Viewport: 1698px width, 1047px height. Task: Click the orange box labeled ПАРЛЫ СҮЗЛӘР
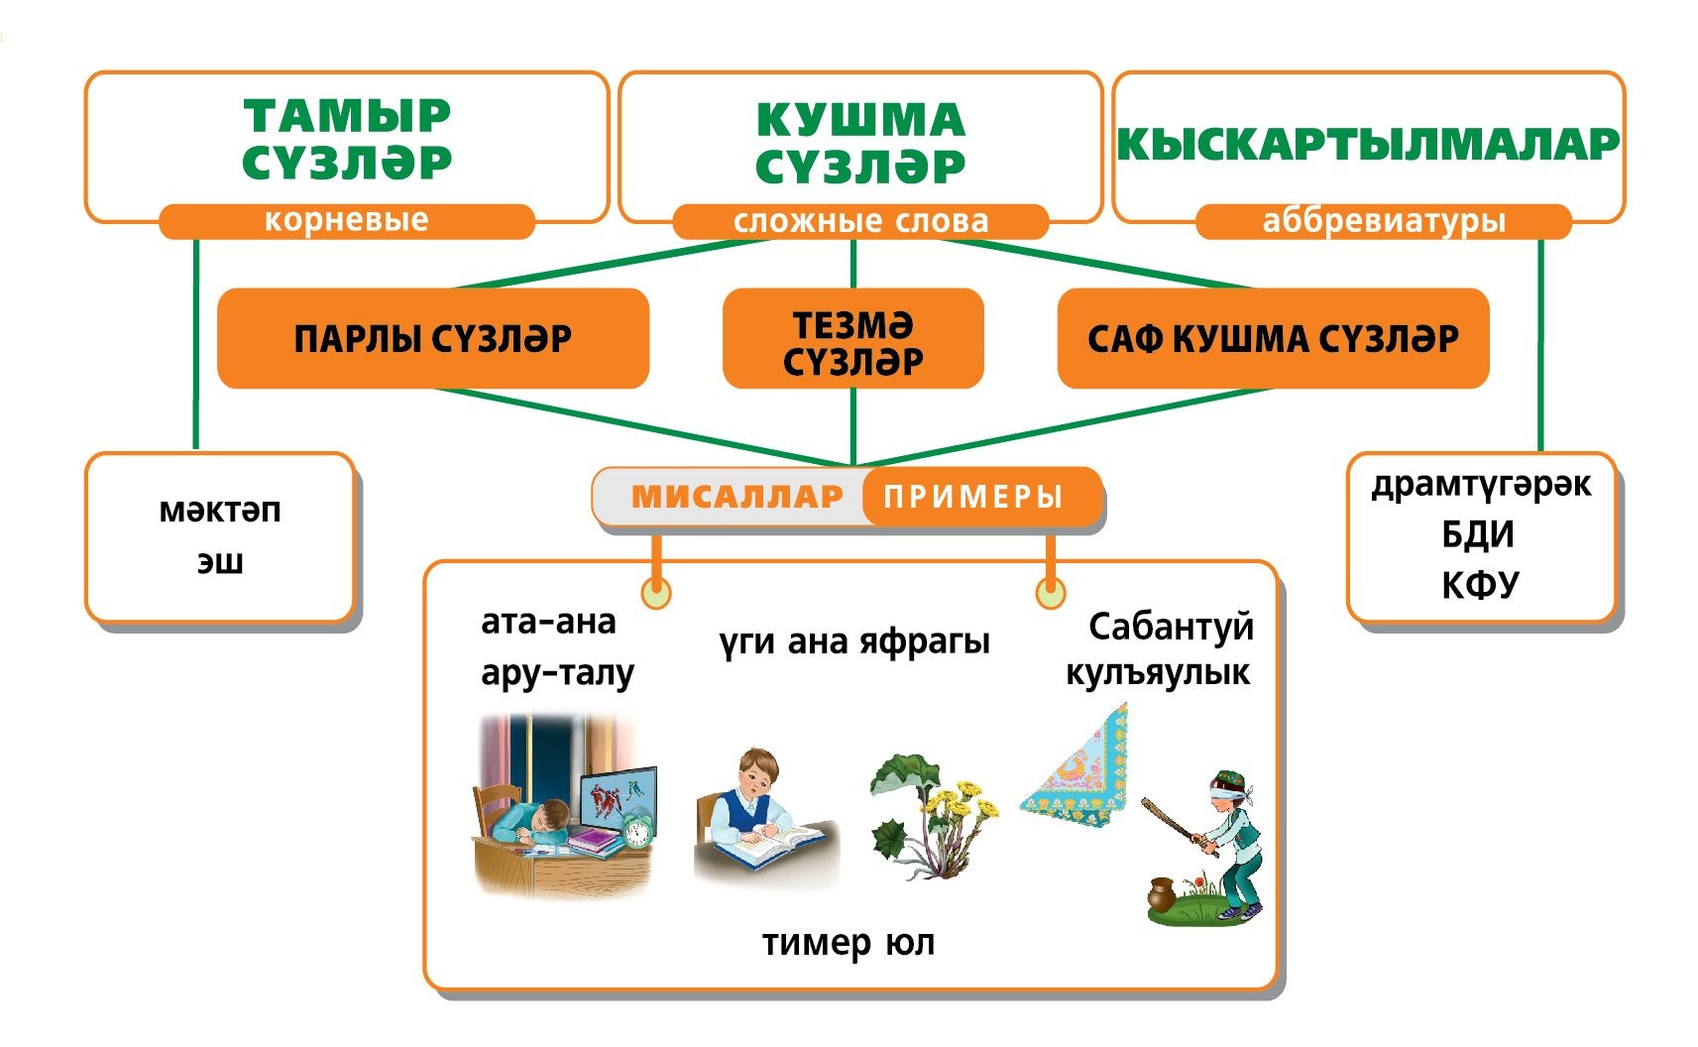pos(433,338)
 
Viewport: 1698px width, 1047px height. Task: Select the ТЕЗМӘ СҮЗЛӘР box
pos(852,339)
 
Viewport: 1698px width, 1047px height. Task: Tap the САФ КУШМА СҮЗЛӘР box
pos(1273,338)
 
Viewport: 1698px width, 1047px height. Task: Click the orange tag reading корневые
pos(346,220)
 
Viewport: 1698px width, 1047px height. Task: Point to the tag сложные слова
pos(860,221)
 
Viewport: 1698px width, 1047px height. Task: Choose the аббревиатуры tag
pos(1384,221)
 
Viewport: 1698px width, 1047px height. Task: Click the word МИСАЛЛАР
pos(736,496)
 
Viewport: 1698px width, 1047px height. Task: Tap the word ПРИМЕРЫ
pos(973,496)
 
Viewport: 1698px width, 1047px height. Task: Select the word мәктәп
pos(220,511)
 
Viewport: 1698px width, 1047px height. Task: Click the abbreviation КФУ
pos(1479,585)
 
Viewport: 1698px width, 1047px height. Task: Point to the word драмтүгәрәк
pos(1481,485)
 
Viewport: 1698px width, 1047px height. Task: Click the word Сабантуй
pos(1171,627)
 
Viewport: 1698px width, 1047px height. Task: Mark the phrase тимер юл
pos(849,943)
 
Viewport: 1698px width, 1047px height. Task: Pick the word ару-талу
pos(557,673)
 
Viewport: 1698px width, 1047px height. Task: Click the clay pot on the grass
pos(1162,894)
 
